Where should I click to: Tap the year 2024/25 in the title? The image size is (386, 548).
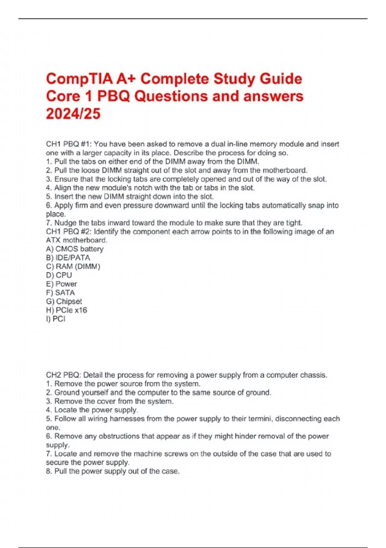click(x=73, y=114)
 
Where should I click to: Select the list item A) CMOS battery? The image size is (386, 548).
click(x=75, y=249)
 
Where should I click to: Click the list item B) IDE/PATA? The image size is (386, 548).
click(x=68, y=258)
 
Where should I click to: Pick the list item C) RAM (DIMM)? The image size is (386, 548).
click(x=73, y=266)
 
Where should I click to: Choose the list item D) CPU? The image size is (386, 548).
click(x=59, y=275)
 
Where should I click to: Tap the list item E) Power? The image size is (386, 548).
click(x=61, y=284)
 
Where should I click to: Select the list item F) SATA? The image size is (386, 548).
click(x=60, y=292)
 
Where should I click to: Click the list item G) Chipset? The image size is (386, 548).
click(x=64, y=301)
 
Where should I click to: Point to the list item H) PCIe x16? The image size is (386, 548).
click(x=66, y=310)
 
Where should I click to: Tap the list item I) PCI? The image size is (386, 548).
click(x=55, y=319)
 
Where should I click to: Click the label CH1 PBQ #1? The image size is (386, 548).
click(x=69, y=144)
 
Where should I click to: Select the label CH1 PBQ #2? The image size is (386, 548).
click(x=69, y=231)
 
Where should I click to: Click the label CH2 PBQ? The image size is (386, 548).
click(x=63, y=375)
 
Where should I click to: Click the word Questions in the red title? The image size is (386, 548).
click(x=171, y=96)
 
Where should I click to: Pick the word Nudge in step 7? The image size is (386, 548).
click(x=65, y=223)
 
